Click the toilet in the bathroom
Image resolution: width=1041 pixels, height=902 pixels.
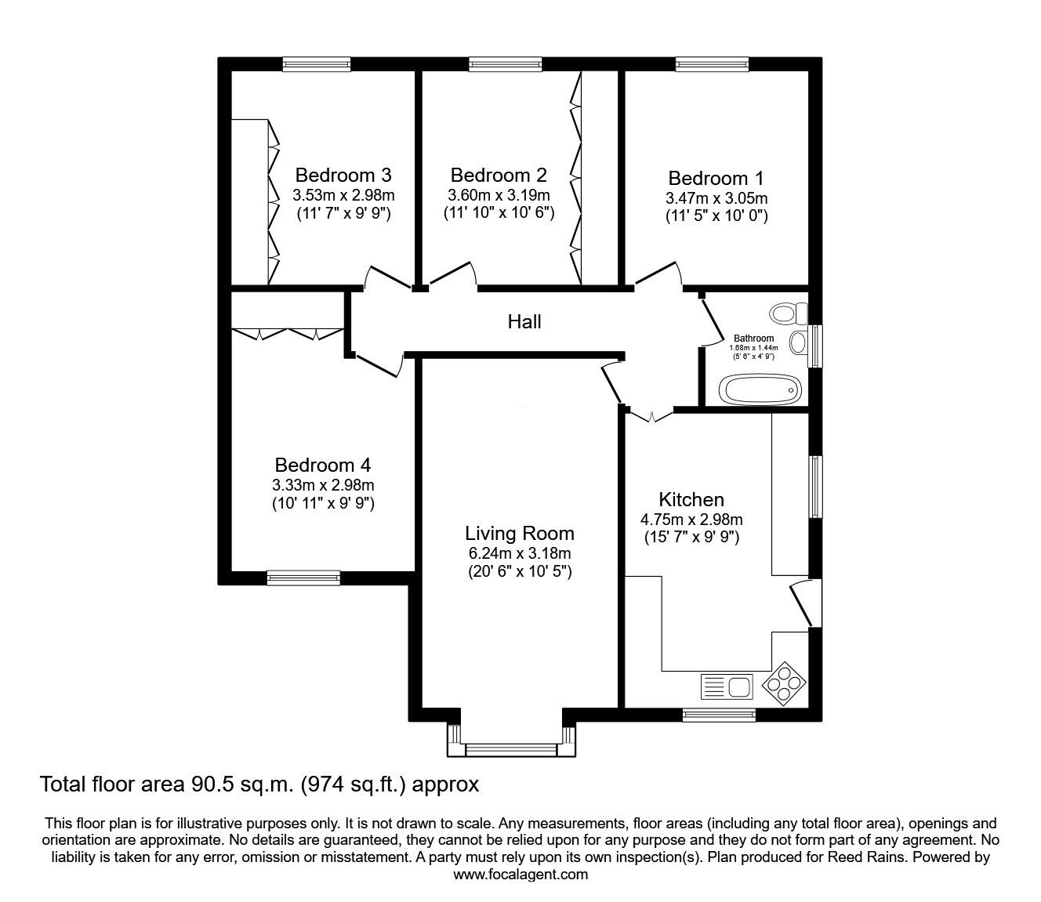click(788, 313)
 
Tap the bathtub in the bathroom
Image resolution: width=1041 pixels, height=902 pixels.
click(760, 389)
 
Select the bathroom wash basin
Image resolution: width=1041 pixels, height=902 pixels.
click(799, 342)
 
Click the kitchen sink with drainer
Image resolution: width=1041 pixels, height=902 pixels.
click(727, 686)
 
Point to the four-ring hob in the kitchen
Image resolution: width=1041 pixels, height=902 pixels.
click(783, 684)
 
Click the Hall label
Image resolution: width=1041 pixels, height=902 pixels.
click(524, 322)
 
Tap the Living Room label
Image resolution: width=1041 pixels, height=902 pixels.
click(519, 534)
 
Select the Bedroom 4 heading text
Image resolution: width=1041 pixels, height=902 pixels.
click(323, 465)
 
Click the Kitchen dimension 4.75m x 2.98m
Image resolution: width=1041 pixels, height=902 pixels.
click(691, 520)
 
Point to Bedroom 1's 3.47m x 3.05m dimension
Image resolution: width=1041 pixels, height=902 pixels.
click(716, 198)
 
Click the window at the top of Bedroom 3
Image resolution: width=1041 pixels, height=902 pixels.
click(316, 64)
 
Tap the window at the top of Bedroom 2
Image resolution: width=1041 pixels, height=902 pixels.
click(506, 64)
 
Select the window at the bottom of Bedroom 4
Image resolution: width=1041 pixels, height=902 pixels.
click(303, 578)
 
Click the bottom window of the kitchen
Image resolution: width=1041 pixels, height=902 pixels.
click(719, 715)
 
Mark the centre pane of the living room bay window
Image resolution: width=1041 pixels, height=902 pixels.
click(511, 750)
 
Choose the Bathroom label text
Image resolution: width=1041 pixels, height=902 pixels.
click(753, 339)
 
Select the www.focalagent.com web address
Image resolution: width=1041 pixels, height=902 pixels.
click(520, 875)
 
